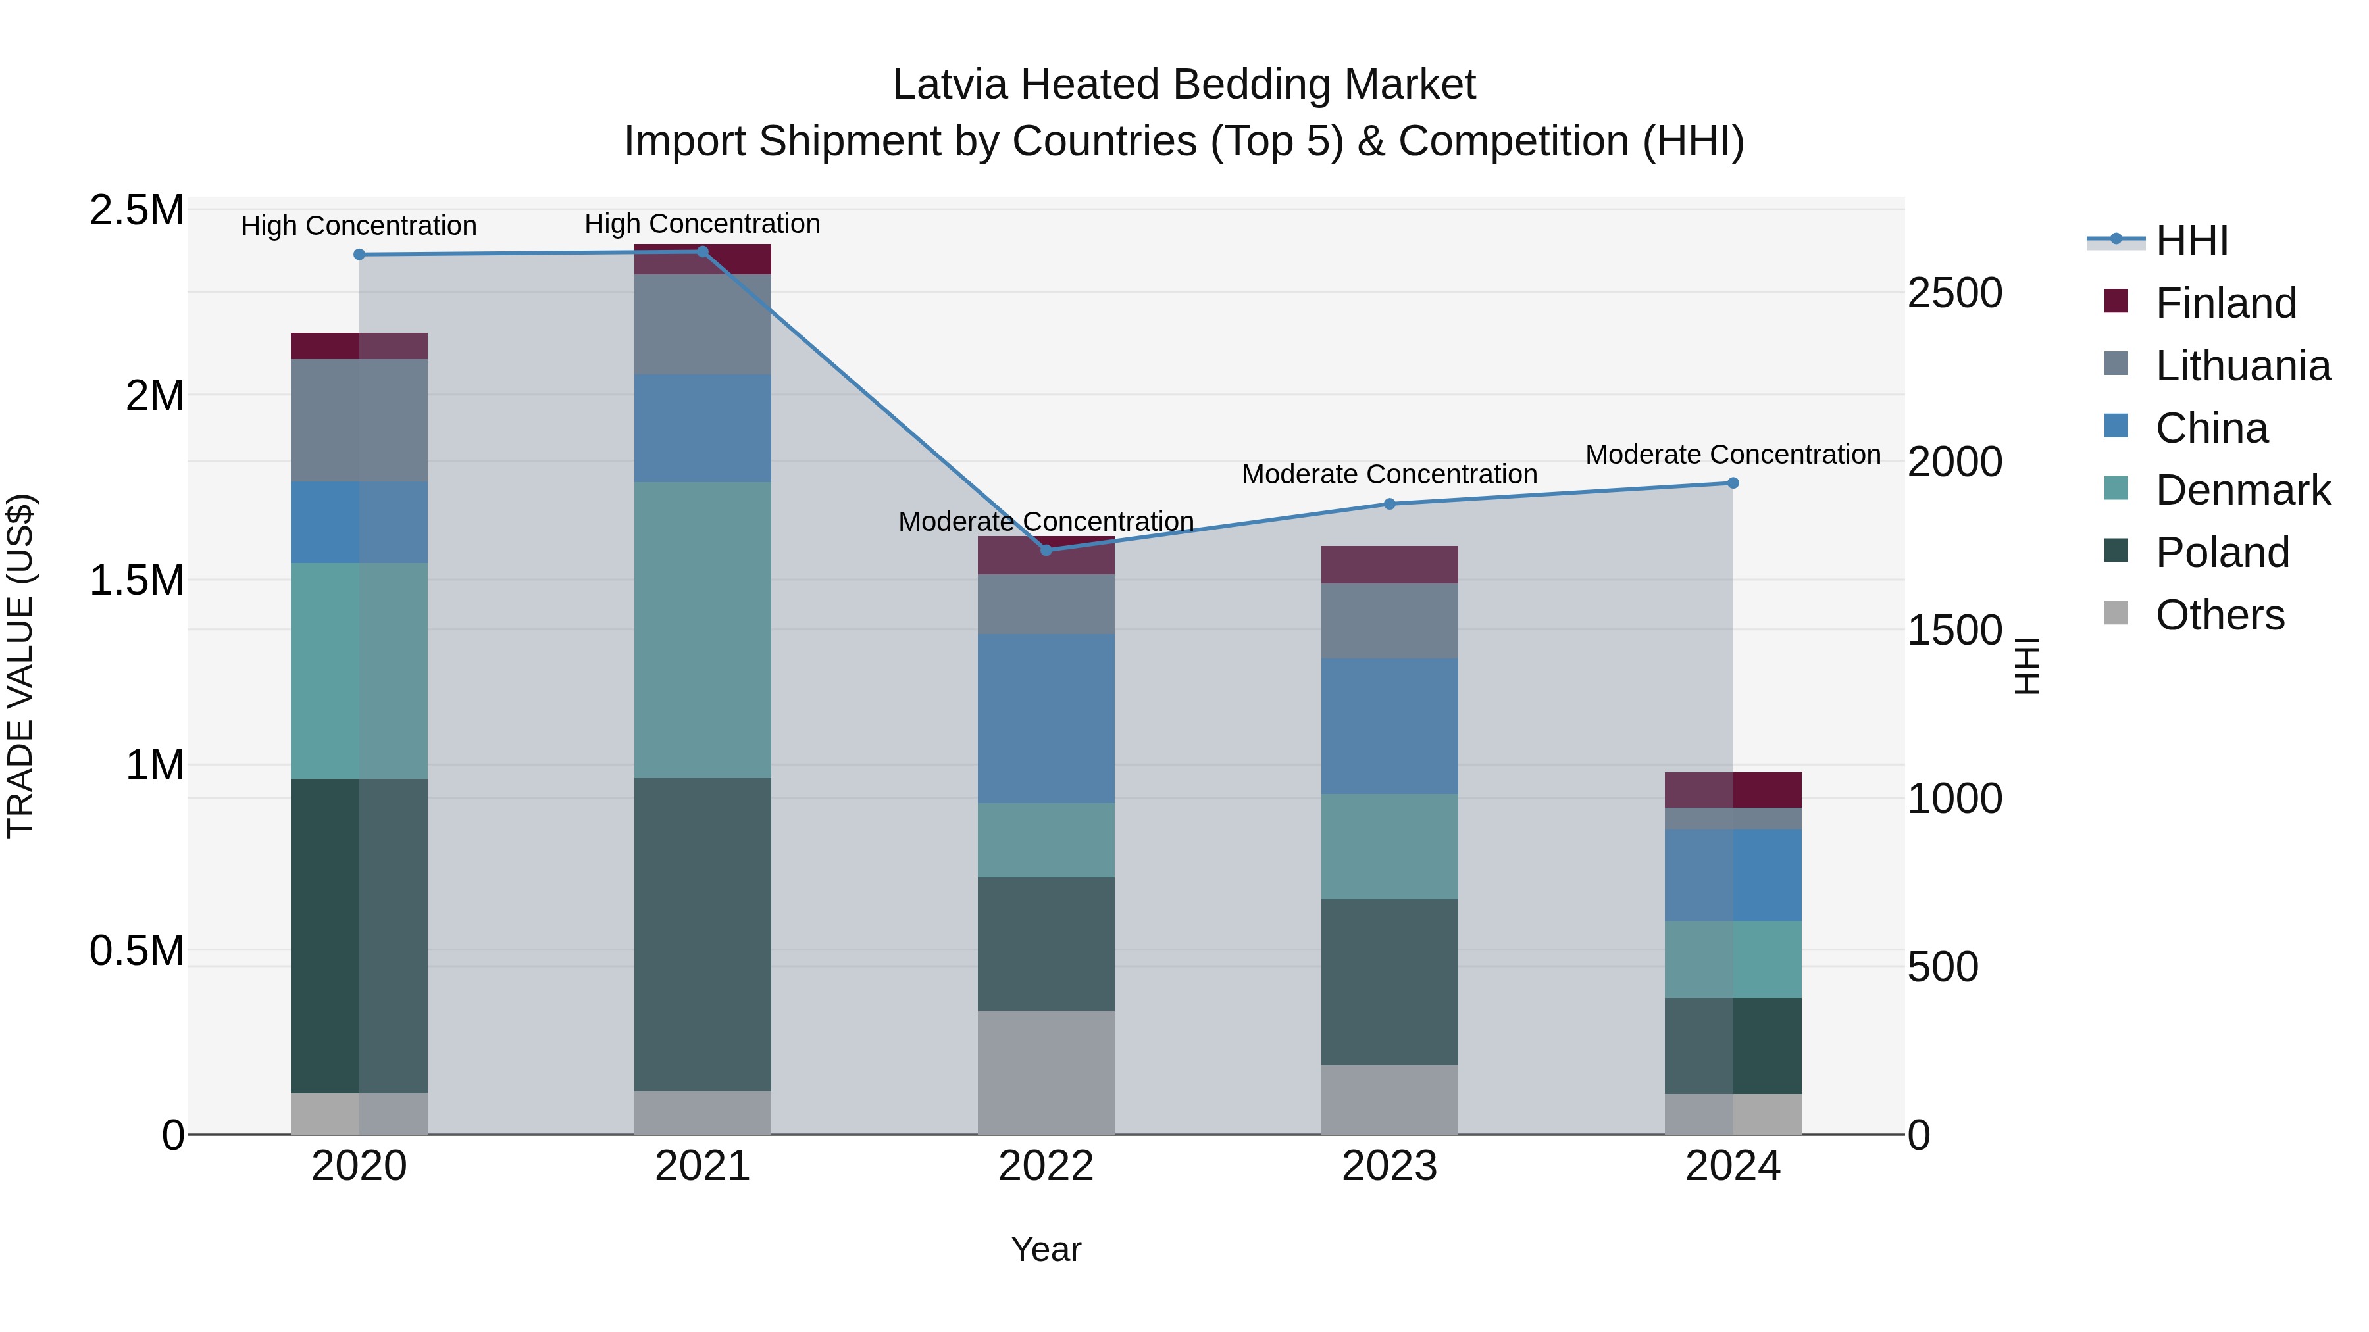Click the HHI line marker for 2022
pos(1046,550)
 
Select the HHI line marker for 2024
pos(1733,483)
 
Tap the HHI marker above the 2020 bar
pos(359,255)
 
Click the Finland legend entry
pos(2226,303)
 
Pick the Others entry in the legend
pos(2219,614)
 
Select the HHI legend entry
pos(2191,241)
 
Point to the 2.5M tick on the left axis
pos(136,210)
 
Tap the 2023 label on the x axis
pos(1388,1166)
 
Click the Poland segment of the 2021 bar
pos(703,934)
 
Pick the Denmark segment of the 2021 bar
pos(703,629)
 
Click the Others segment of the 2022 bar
pos(1046,1072)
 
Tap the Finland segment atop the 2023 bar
pos(1388,564)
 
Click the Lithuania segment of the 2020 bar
pos(359,420)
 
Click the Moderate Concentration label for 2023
pos(1388,474)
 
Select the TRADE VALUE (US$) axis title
pos(20,666)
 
